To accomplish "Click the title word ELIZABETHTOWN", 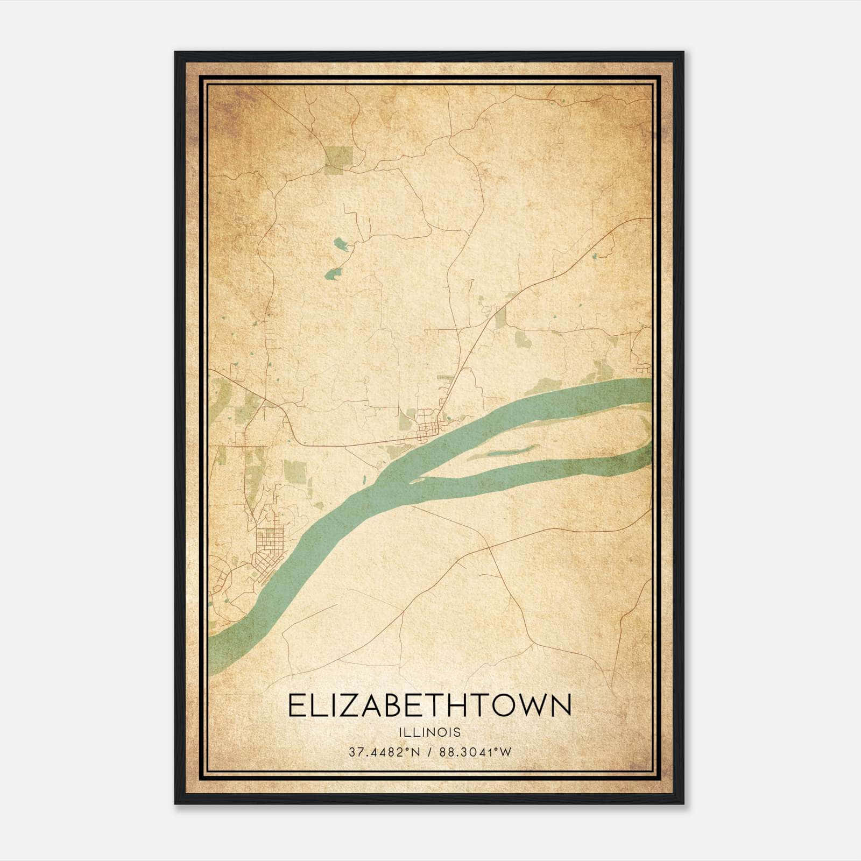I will click(x=429, y=705).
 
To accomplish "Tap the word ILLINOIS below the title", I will click(x=430, y=732).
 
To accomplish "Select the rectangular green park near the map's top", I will click(x=338, y=156).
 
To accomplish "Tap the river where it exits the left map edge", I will click(x=211, y=654).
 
